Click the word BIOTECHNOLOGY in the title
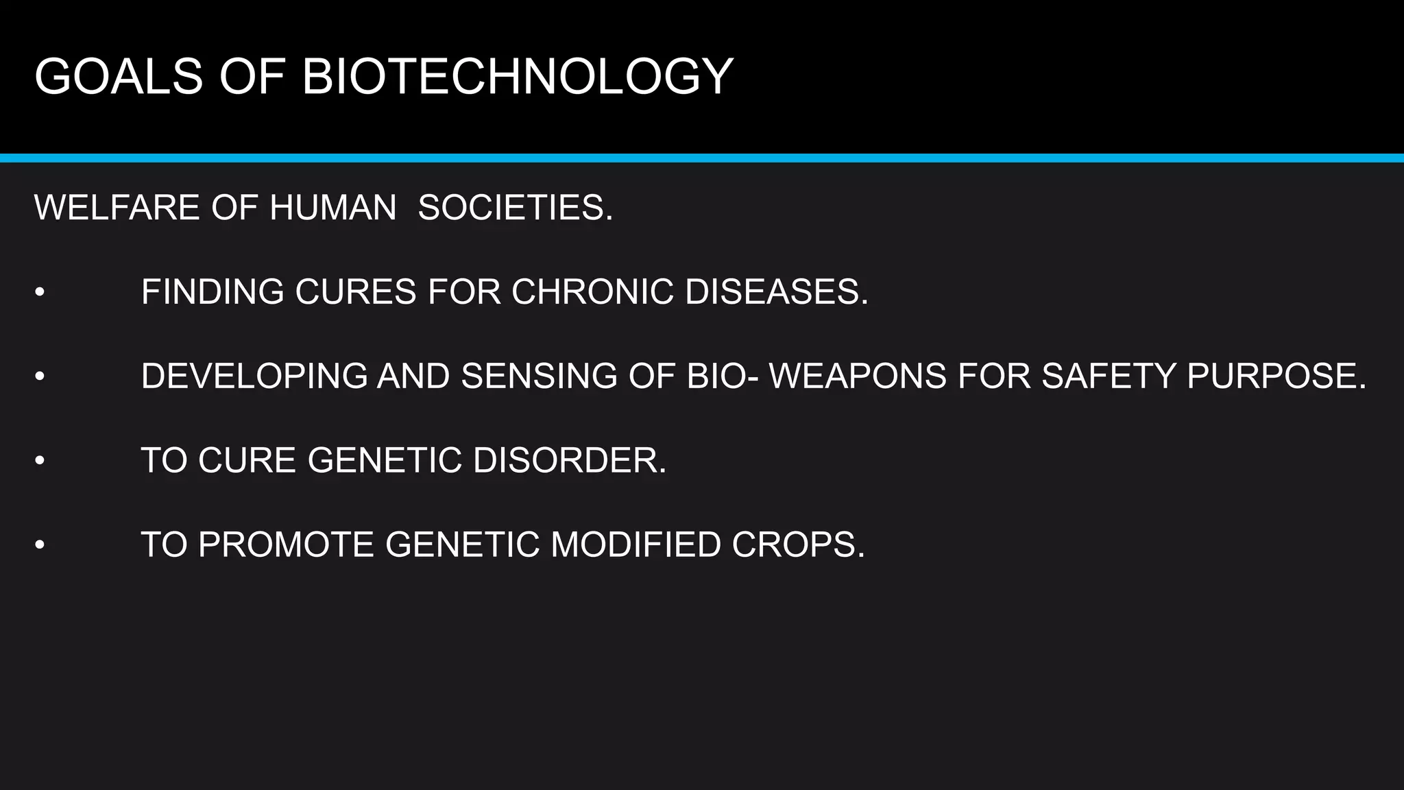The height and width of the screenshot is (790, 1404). point(518,76)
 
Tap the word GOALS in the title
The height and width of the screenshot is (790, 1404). point(119,76)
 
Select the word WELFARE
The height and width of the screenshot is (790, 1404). point(117,208)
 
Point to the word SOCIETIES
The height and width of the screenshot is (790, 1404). point(515,208)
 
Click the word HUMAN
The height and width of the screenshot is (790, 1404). point(333,208)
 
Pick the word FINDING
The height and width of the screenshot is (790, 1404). point(213,292)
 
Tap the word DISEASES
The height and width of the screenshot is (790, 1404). point(776,292)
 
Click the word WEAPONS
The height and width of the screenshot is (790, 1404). point(858,376)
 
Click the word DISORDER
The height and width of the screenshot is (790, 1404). point(569,460)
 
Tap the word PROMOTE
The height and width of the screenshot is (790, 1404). point(287,545)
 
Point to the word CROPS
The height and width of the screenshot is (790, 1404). point(798,545)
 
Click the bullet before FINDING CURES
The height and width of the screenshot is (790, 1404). point(40,293)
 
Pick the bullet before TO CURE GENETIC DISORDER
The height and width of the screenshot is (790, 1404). point(40,461)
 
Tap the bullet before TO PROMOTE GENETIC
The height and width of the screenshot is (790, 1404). point(40,546)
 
